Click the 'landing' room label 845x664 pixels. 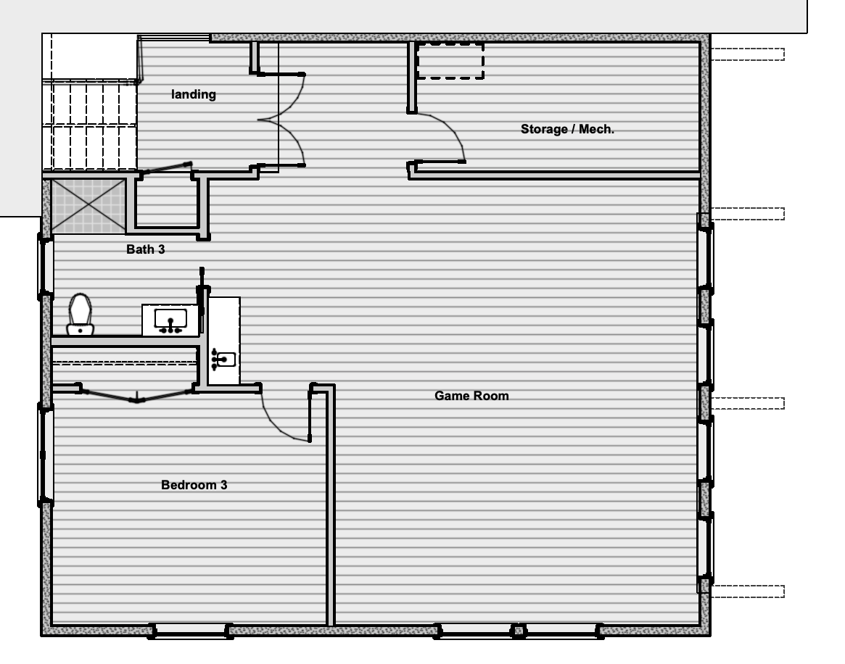[x=194, y=94]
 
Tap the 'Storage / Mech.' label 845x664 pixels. [x=567, y=129]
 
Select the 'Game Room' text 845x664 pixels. [x=471, y=396]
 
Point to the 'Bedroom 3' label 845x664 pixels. [x=194, y=485]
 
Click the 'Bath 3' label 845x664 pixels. [x=146, y=249]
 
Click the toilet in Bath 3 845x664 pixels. [x=81, y=315]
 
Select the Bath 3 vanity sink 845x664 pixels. [x=170, y=320]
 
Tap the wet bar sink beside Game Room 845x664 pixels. [x=224, y=359]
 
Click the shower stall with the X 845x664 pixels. [x=88, y=207]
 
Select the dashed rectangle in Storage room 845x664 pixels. [x=450, y=61]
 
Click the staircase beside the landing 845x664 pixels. [x=89, y=125]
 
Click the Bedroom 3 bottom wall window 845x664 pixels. [x=190, y=631]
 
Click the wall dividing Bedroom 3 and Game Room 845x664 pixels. [x=330, y=505]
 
